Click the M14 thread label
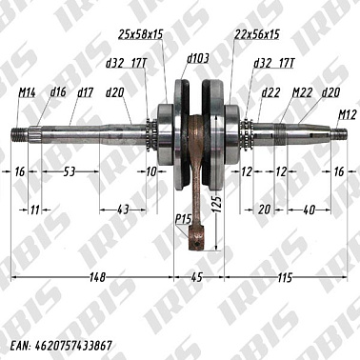pyautogui.click(x=27, y=92)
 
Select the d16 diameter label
pyautogui.click(x=57, y=92)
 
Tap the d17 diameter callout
pyautogui.click(x=85, y=92)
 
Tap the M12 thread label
pyautogui.click(x=347, y=114)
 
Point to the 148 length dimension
pyautogui.click(x=91, y=276)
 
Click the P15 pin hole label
pyautogui.click(x=182, y=220)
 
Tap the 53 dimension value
pyautogui.click(x=70, y=170)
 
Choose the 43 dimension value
pyautogui.click(x=122, y=209)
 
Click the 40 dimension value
pyautogui.click(x=310, y=209)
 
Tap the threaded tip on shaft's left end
pyautogui.click(x=21, y=132)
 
